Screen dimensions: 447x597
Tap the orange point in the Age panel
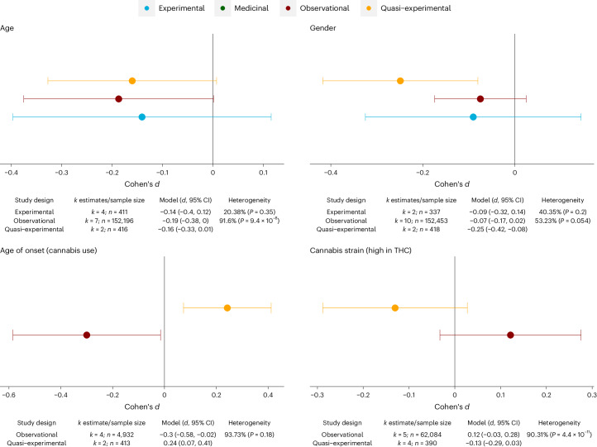(x=132, y=81)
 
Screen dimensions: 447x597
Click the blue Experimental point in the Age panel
(x=142, y=117)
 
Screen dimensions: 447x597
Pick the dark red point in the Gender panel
(x=480, y=99)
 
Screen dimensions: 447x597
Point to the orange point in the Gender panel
(x=400, y=81)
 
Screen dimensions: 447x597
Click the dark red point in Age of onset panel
(x=87, y=335)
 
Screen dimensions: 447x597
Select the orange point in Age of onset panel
(x=227, y=307)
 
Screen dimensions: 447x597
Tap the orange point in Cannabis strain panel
(x=395, y=307)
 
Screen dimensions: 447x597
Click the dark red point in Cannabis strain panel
(x=510, y=335)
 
